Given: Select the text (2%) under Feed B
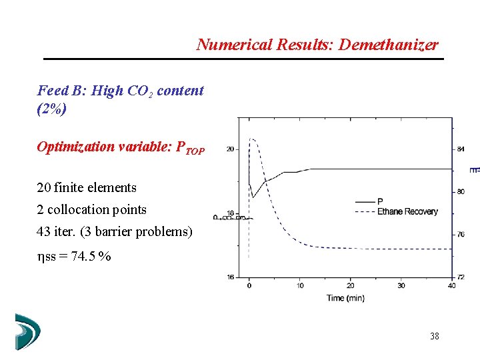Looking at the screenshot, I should (x=51, y=109).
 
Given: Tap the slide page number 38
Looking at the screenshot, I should (x=435, y=336).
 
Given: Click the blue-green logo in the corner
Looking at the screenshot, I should (x=27, y=331).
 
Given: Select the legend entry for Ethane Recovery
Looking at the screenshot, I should (x=407, y=211).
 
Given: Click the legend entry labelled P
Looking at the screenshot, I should (x=380, y=201).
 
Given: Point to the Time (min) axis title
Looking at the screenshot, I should (x=345, y=298).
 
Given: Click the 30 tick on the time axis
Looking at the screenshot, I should (x=401, y=285).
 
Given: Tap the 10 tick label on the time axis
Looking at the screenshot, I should (x=299, y=285).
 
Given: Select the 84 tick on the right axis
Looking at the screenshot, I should (x=460, y=149).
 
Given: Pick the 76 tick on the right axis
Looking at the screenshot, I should (x=460, y=234).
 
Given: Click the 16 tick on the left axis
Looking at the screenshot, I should (x=230, y=277).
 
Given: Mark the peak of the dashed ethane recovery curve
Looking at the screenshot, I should (x=252, y=139).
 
